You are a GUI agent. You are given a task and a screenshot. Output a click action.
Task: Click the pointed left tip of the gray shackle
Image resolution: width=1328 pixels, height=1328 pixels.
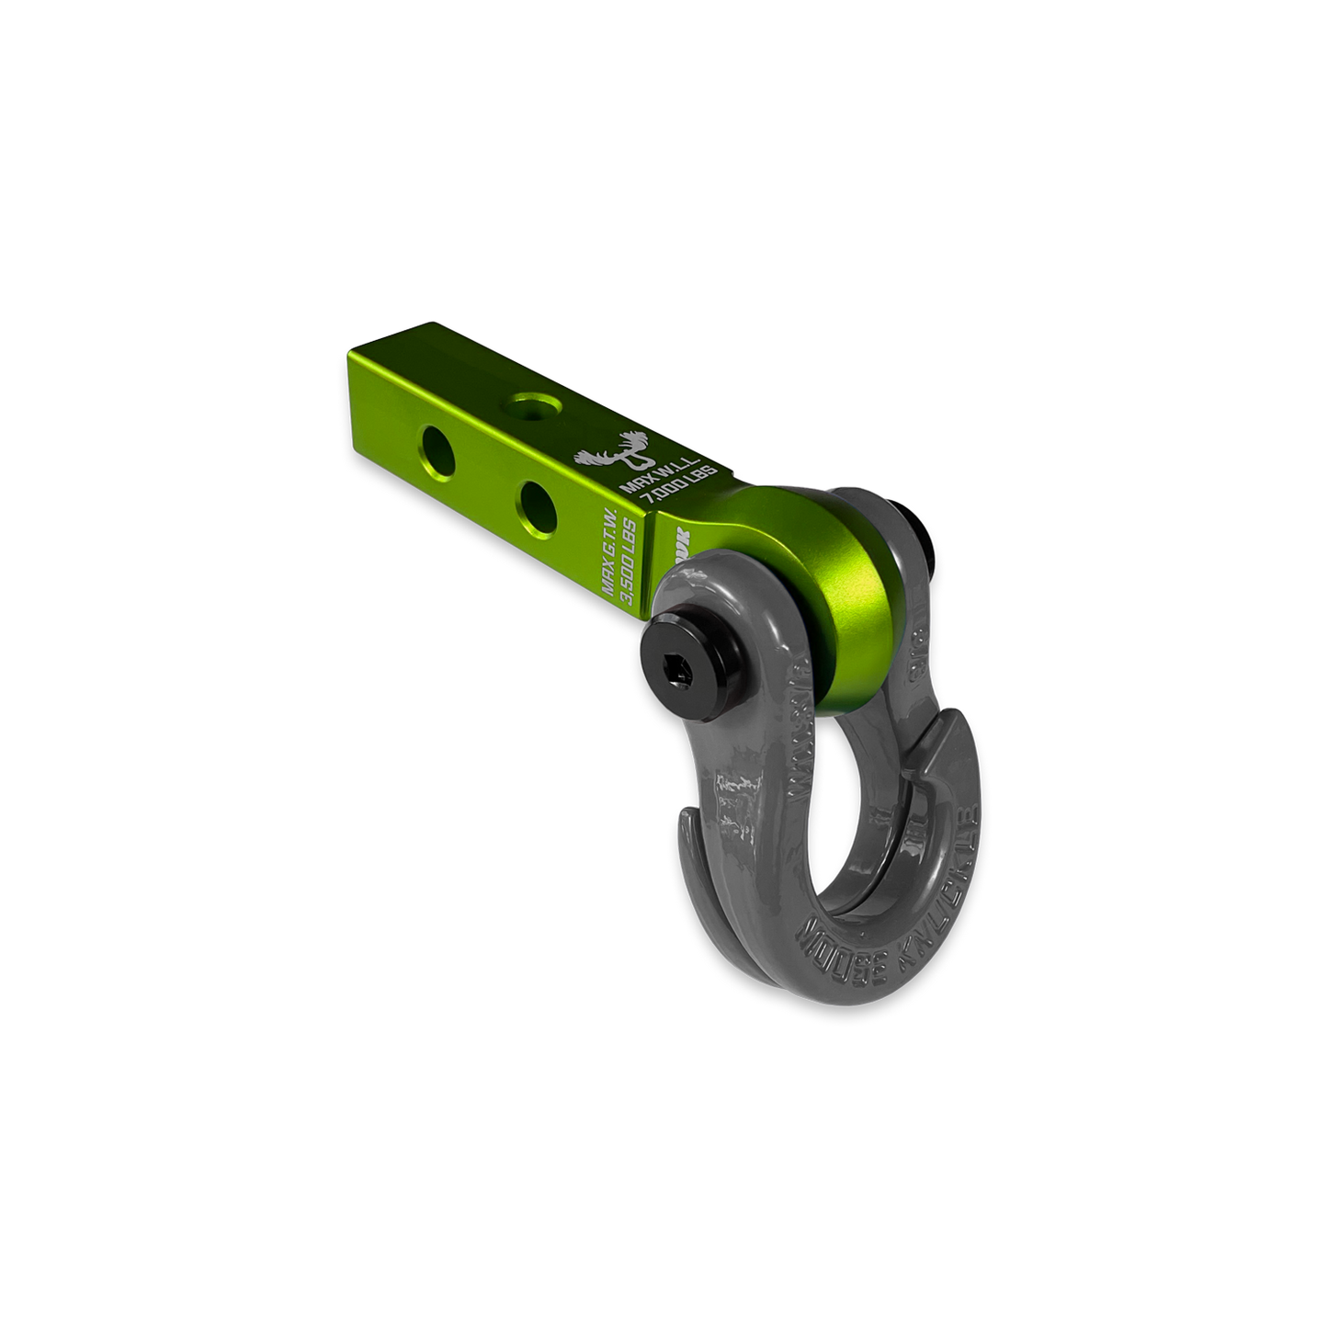click(685, 818)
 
